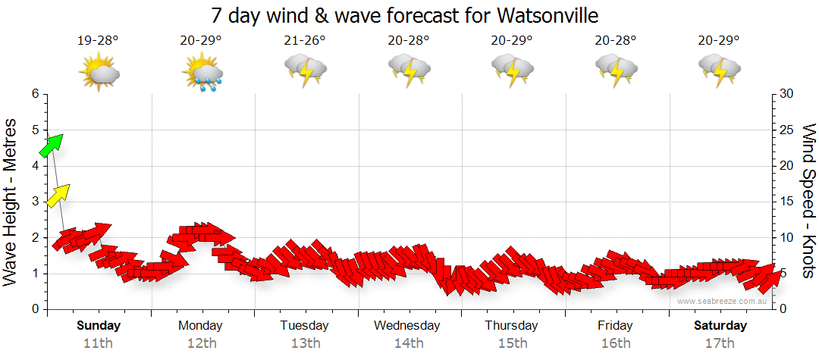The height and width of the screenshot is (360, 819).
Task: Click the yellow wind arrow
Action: pyautogui.click(x=58, y=195)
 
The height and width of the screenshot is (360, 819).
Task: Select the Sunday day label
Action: pyautogui.click(x=99, y=326)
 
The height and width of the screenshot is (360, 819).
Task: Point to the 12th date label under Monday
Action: pyautogui.click(x=202, y=343)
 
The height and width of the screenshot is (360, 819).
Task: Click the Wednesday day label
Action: pyautogui.click(x=407, y=326)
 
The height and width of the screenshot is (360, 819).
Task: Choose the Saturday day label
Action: pyautogui.click(x=720, y=326)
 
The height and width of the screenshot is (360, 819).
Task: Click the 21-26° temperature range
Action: pyautogui.click(x=305, y=41)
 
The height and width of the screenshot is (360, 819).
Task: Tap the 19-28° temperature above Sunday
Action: pyautogui.click(x=98, y=41)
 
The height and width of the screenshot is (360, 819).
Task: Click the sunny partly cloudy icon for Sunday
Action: pyautogui.click(x=99, y=72)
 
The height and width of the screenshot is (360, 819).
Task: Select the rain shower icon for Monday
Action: pyautogui.click(x=202, y=73)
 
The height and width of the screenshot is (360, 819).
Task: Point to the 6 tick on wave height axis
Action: pyautogui.click(x=35, y=94)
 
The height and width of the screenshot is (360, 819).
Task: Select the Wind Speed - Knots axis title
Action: pyautogui.click(x=808, y=201)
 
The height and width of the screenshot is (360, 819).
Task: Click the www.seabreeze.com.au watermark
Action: pyautogui.click(x=723, y=302)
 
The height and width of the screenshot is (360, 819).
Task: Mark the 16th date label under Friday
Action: pyautogui.click(x=615, y=343)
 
